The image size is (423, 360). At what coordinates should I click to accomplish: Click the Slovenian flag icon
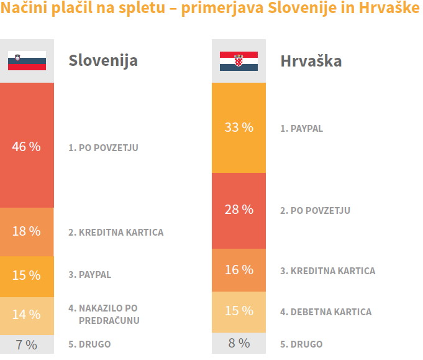coord(27,61)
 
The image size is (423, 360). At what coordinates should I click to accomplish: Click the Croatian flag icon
coord(239,61)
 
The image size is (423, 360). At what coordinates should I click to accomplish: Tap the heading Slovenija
coord(102,61)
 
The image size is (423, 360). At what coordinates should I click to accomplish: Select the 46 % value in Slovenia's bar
coord(27,147)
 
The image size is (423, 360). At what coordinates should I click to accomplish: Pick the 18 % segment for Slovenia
coord(27,231)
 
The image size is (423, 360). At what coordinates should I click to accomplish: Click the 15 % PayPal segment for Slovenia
coord(27,275)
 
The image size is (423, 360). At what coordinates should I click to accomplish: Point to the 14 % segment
coord(27,314)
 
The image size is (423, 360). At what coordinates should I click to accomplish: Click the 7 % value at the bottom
coord(27,344)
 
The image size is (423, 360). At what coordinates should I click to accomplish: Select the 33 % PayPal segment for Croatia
coord(239,127)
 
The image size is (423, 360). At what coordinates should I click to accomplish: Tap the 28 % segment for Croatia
coord(239,210)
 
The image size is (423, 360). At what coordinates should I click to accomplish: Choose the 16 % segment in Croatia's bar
coord(239,270)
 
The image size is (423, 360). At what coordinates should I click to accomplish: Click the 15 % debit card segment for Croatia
coord(239,311)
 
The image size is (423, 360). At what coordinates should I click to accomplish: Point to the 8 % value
coord(239,343)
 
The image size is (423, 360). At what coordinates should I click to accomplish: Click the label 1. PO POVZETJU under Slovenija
coord(103,148)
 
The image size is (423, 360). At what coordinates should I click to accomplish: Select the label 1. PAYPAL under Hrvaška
coord(301,129)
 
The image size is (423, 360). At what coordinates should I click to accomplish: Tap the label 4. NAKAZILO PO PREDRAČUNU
coord(104,314)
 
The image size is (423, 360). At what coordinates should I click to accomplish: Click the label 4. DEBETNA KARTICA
coord(325,312)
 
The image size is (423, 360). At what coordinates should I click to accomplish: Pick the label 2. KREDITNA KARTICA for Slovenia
coord(116,233)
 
